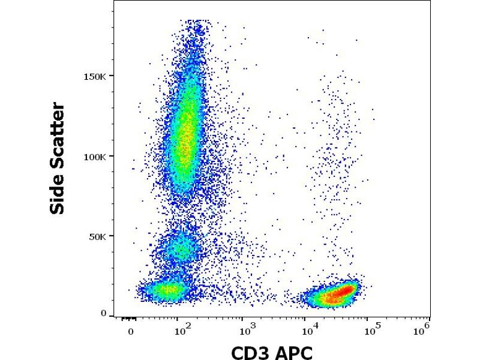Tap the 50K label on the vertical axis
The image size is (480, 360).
(x=97, y=236)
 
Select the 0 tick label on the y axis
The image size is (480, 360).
(x=104, y=314)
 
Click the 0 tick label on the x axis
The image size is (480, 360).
(x=131, y=332)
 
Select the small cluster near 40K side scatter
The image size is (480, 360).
(x=181, y=249)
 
